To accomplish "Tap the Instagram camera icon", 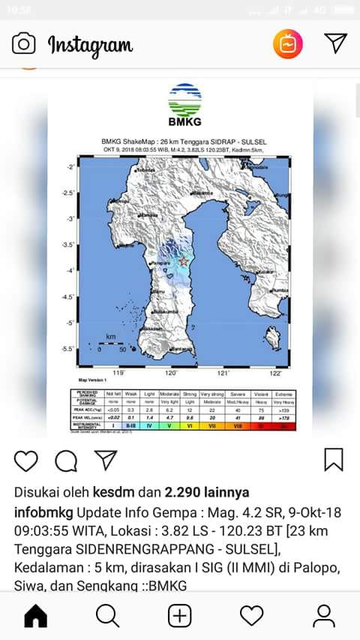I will click(23, 44).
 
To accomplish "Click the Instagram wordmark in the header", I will click(90, 44).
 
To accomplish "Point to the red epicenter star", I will click(184, 261).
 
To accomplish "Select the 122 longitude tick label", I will click(275, 373).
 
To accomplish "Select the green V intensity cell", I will click(168, 425).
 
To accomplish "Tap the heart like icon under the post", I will click(25, 460).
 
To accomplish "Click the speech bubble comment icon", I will click(66, 460).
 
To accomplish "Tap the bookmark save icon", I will click(334, 459).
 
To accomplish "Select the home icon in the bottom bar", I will click(35, 616).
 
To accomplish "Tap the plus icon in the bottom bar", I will click(179, 616).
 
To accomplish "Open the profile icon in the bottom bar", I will click(323, 616).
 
